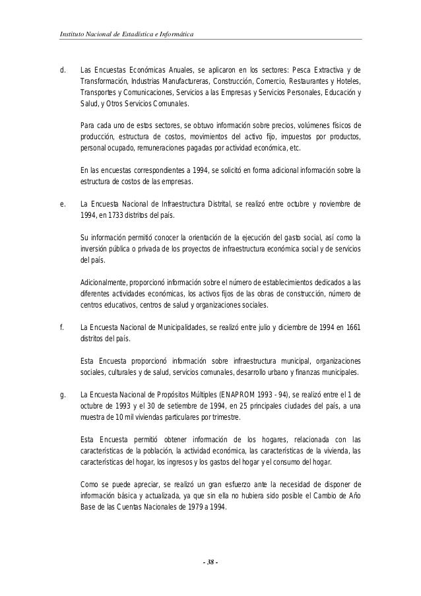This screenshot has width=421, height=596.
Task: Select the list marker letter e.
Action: click(62, 204)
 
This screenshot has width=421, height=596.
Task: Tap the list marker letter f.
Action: click(61, 328)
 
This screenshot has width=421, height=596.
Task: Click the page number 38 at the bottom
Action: click(210, 563)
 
